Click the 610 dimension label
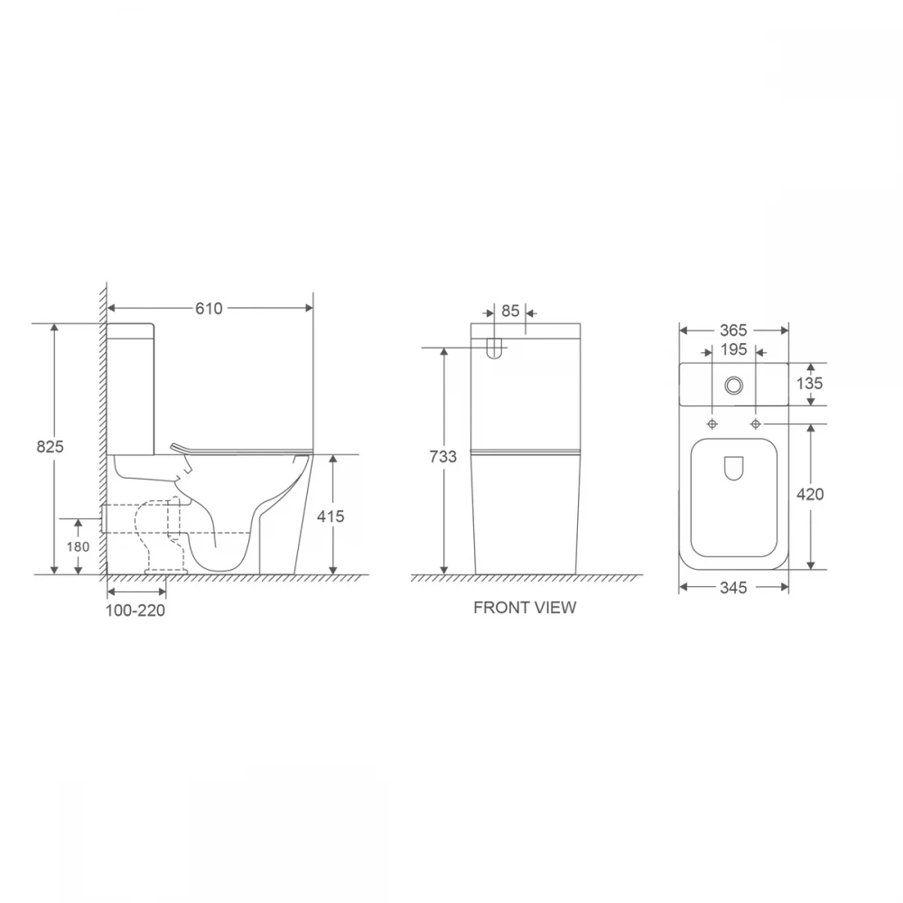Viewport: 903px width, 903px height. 209,309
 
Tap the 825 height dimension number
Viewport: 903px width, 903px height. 50,446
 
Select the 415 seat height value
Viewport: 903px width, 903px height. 330,516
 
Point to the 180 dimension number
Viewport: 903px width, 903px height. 78,546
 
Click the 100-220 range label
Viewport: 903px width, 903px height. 135,610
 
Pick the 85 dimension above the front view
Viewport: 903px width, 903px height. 510,311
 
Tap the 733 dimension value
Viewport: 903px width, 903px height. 442,457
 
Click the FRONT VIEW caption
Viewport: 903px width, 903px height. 525,608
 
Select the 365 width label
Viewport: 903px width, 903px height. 733,330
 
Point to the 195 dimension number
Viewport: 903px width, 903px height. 733,349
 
